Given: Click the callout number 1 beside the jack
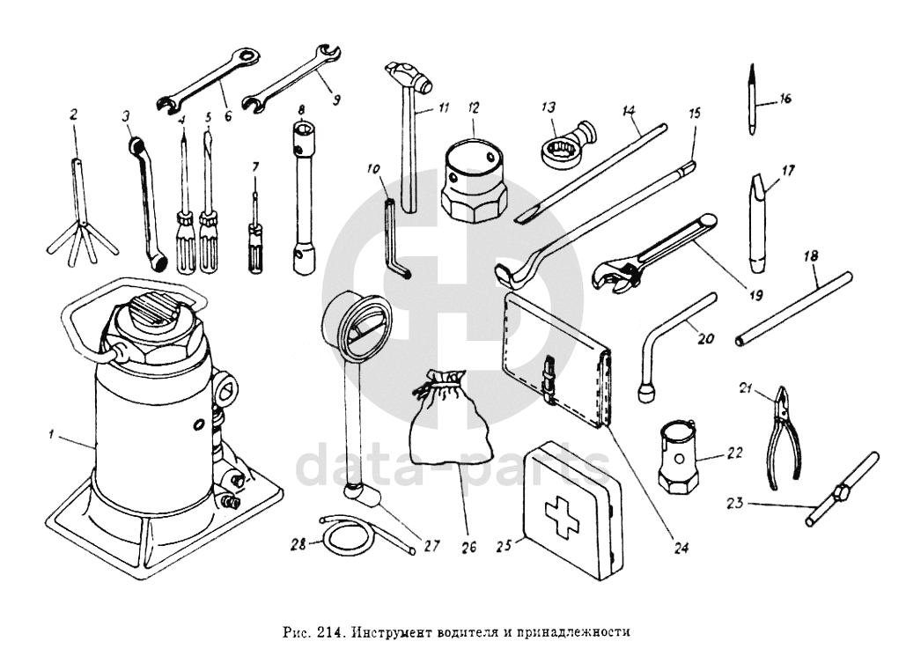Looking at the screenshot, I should (x=52, y=432).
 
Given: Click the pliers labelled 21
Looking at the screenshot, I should (x=780, y=436).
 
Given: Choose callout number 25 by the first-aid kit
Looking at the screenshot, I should (x=505, y=546).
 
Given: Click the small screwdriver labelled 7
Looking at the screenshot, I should (x=255, y=238).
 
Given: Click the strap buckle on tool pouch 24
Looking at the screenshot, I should (x=550, y=374).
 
